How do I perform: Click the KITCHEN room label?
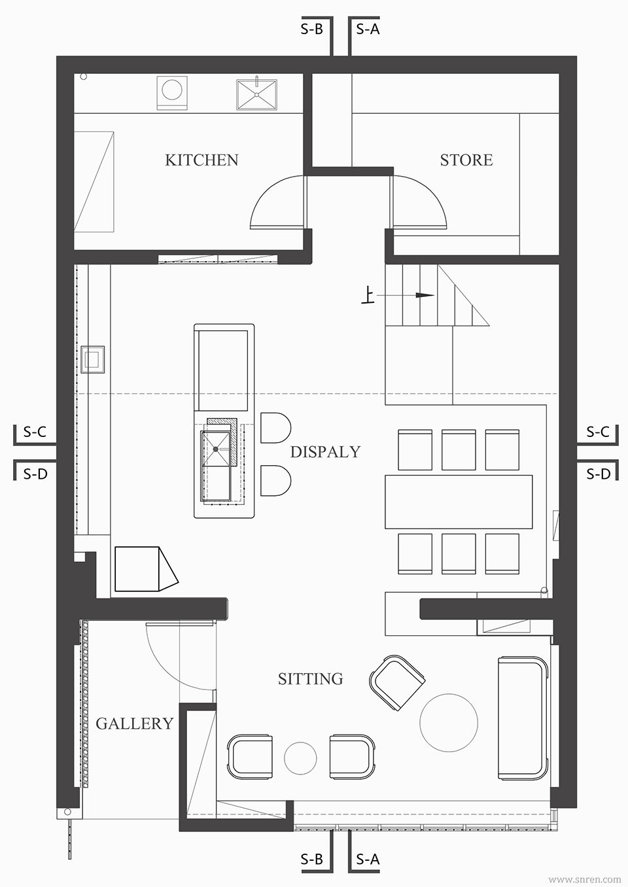pos(201,160)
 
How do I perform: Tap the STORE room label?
pos(466,160)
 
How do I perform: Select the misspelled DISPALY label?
pos(325,452)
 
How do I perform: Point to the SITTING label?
pos(311,679)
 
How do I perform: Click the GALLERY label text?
pos(135,724)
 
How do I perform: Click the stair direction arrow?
pos(406,295)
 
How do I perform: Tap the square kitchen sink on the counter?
pos(256,94)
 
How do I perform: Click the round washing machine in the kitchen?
pos(172,92)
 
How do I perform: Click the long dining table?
pos(459,502)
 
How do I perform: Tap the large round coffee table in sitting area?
pos(449,723)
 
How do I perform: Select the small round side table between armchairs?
pos(300,758)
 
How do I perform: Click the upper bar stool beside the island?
pos(275,428)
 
